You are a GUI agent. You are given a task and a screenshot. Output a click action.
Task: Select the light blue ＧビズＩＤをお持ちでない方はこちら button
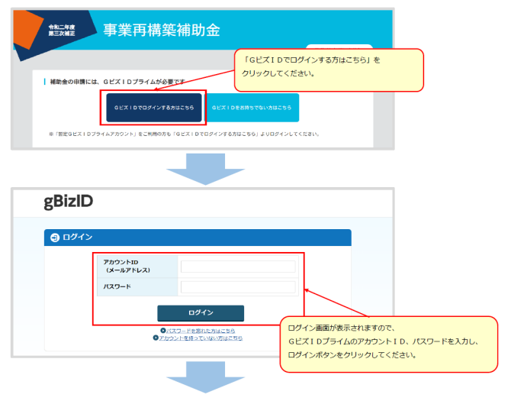point(252,108)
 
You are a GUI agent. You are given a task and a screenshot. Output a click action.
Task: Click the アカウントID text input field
point(237,267)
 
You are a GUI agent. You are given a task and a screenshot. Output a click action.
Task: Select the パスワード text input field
point(237,287)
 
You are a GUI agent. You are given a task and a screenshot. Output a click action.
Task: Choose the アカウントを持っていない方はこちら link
point(201,338)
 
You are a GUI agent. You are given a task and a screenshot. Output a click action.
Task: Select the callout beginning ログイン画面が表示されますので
point(389,343)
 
